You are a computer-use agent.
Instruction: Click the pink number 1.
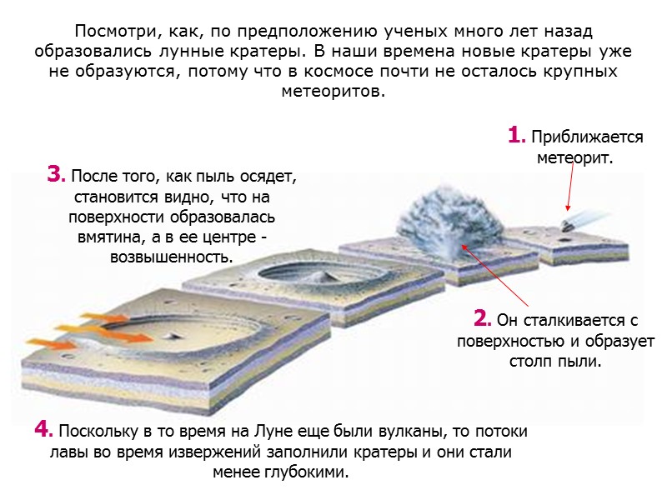(516, 135)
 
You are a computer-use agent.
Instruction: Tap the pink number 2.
(481, 319)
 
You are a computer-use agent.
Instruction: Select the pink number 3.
(56, 176)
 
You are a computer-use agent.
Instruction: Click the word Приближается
(587, 137)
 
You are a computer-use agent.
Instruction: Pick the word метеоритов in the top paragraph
(333, 90)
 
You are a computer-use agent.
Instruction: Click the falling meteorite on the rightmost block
(571, 223)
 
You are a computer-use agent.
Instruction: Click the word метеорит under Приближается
(572, 157)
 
